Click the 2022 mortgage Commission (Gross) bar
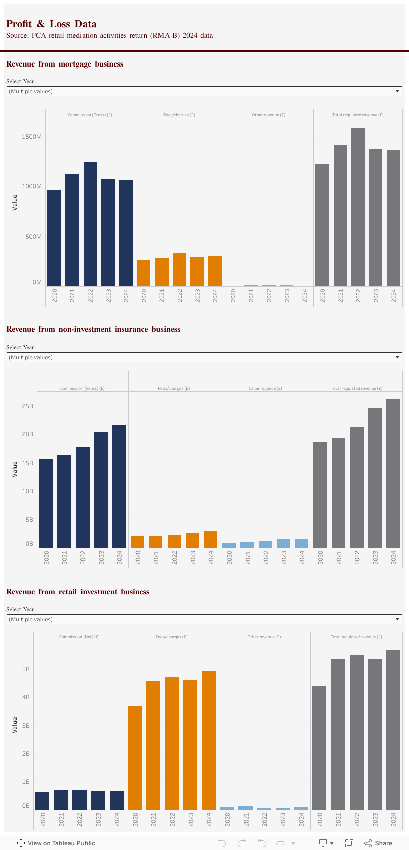coord(90,224)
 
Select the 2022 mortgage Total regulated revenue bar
coord(358,207)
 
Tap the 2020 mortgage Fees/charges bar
coord(144,273)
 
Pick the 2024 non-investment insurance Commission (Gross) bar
coord(119,486)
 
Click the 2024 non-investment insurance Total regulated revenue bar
coord(393,473)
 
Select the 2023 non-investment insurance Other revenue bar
coord(284,543)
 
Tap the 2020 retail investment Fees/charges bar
coord(135,758)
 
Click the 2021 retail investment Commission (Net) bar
coord(61,800)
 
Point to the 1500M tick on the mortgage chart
coord(32,137)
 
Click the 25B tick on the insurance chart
coord(28,406)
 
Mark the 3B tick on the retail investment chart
coord(26,726)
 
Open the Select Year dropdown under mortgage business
coord(204,91)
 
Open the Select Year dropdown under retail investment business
coord(204,619)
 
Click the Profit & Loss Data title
coord(51,24)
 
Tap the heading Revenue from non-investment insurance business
coord(93,329)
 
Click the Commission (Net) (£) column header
coord(79,637)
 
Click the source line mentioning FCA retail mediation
coord(109,36)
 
